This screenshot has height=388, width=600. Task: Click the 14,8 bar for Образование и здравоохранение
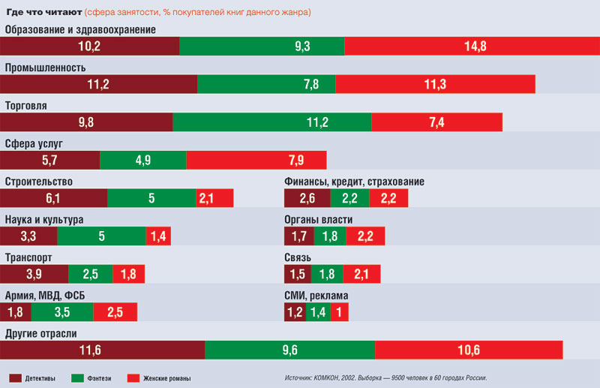point(475,46)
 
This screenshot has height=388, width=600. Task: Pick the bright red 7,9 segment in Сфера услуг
point(256,160)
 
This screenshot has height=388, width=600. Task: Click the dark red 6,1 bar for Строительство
point(54,198)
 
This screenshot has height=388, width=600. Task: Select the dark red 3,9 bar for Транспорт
point(34,274)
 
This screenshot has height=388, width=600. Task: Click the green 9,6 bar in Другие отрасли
point(289,350)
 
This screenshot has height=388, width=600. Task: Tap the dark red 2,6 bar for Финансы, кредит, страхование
point(307,198)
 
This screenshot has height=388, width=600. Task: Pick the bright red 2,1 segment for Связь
point(361,274)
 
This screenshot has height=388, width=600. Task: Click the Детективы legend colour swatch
point(16,377)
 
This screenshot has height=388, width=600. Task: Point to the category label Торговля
point(26,106)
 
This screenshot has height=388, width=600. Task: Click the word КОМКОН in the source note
point(331,377)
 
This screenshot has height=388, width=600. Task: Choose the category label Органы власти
point(319,220)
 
